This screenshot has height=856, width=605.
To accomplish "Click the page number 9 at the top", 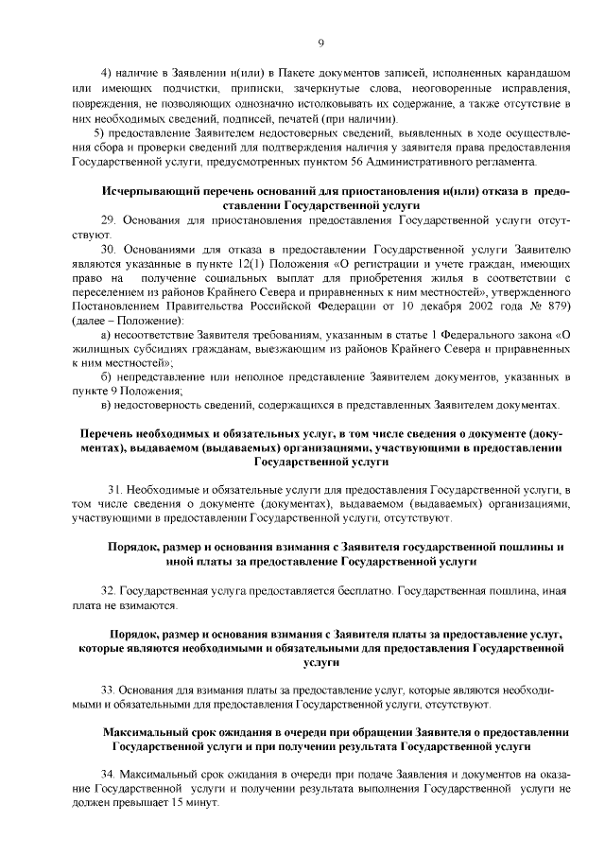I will point(320,43).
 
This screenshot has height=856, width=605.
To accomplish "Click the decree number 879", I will point(552,307).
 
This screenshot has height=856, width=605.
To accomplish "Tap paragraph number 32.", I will point(108,590).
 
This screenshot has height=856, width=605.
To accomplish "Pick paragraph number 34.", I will point(108,774).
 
